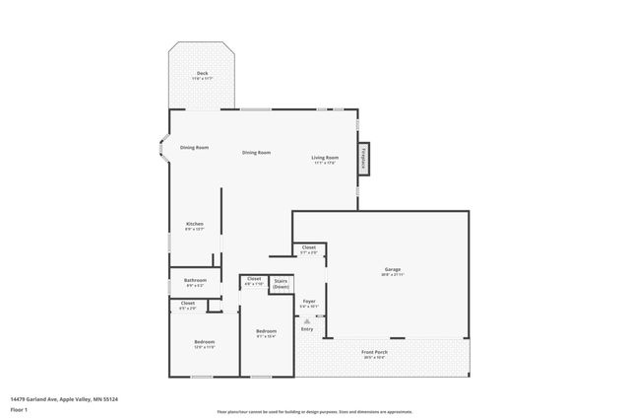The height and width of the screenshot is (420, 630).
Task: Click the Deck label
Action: pos(202,74)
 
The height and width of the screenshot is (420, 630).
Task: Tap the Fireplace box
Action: pos(363,159)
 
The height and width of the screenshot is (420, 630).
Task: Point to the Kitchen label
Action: pos(195,226)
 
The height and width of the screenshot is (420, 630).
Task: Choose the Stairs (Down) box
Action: pos(281,283)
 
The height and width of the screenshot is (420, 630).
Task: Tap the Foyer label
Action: pos(309,303)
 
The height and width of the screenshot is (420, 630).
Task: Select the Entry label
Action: pos(307,328)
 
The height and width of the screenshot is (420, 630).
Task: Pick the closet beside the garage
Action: pos(308,249)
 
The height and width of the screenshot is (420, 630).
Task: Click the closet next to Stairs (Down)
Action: pos(253,282)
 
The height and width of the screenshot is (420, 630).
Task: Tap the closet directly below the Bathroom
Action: pos(188,306)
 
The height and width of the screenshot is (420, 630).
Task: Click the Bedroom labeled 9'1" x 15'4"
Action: pos(266,333)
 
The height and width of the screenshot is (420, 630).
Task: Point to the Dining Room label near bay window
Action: pos(194,148)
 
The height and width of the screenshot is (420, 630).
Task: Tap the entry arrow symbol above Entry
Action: pos(307,320)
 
